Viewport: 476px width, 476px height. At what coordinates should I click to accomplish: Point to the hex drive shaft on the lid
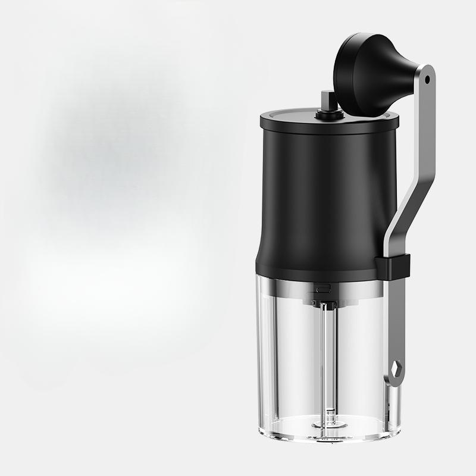(327, 98)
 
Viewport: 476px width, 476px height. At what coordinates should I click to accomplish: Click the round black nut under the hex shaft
(327, 111)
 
